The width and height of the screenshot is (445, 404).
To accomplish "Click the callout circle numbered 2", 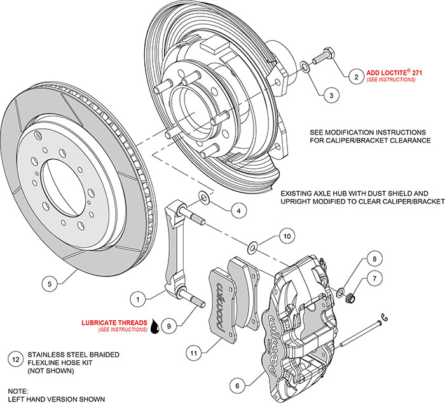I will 356,77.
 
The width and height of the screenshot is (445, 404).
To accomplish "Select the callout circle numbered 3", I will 330,96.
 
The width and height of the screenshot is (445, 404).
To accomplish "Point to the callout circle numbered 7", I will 375,278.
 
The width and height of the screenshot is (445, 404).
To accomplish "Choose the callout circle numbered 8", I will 374,259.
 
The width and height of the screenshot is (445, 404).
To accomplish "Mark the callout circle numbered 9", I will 168,326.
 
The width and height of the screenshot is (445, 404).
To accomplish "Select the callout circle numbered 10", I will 287,236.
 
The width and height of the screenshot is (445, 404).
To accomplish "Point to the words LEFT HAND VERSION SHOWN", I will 53,399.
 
